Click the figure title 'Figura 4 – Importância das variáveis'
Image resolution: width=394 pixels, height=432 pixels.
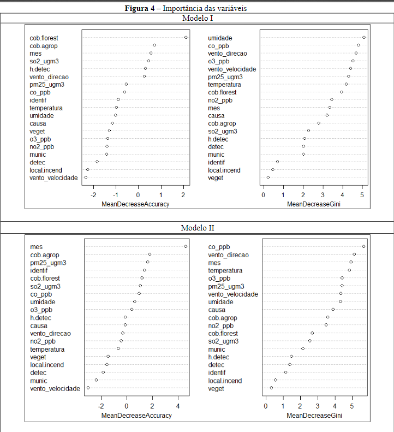(x=197, y=8)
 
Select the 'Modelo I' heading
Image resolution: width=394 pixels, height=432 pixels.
(x=197, y=18)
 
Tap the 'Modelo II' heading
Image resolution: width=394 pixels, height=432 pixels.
(x=197, y=227)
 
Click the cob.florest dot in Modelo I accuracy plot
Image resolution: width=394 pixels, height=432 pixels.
(x=186, y=38)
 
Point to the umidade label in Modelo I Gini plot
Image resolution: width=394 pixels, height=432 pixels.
(x=220, y=38)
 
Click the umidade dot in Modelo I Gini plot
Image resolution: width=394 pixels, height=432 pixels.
(x=364, y=38)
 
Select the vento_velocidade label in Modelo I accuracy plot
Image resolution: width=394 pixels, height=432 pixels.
(x=53, y=178)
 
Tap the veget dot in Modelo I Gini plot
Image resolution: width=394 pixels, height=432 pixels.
(x=268, y=177)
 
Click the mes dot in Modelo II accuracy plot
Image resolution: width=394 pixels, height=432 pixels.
(x=186, y=247)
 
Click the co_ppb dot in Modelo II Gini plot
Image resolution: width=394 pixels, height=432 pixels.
(x=363, y=247)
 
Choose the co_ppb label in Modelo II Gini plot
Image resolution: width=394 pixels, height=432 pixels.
(x=219, y=247)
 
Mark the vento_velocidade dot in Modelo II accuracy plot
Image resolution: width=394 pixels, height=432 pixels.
(x=88, y=388)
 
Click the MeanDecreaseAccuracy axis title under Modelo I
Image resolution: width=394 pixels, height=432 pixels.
(x=135, y=204)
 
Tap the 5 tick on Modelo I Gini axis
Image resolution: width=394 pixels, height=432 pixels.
(x=362, y=194)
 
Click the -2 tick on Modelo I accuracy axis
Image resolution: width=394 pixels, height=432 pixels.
(x=94, y=194)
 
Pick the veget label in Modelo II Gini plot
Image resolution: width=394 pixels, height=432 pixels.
(x=216, y=388)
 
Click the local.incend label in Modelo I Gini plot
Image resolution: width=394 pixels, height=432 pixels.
(x=224, y=170)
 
